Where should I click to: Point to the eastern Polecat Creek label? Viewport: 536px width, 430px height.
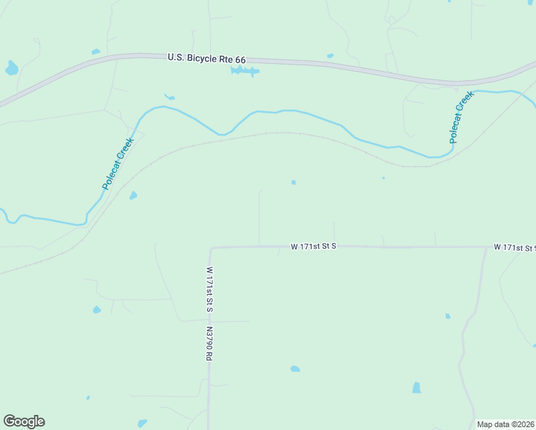pos(462,118)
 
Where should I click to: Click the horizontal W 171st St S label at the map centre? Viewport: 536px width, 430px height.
pos(313,246)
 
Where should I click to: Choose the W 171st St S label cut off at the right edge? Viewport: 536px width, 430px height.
pos(514,247)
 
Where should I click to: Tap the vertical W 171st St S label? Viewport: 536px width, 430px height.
pos(210,290)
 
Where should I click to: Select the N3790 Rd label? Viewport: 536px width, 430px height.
pos(209,345)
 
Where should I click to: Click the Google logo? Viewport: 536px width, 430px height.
pos(24,421)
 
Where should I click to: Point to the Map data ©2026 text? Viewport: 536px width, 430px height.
pos(505,424)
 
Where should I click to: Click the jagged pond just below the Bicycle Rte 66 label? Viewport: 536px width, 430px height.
pos(245,71)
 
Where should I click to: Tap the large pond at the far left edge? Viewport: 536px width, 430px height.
pos(11,69)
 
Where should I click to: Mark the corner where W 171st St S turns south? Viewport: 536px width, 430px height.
pos(211,248)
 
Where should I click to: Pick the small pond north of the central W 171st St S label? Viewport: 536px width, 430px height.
pos(294,182)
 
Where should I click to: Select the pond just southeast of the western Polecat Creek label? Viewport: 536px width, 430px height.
pos(133,195)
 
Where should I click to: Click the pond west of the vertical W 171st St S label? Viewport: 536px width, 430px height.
pos(97,310)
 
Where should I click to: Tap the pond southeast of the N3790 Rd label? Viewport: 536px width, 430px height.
pos(295,368)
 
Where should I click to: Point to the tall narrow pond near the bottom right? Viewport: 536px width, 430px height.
pos(416,388)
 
